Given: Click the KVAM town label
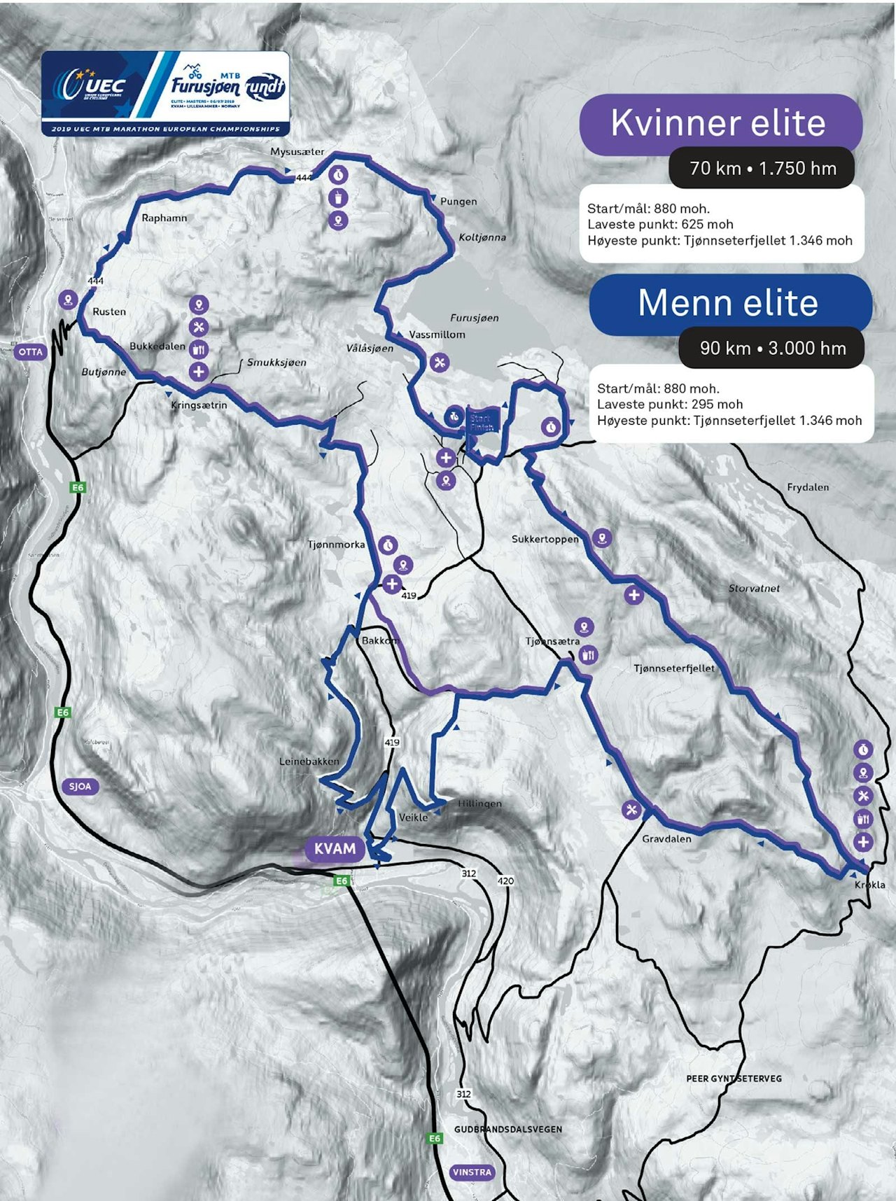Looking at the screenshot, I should click(x=335, y=849).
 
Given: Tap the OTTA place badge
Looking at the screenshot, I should click(x=30, y=351).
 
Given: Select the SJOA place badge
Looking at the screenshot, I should click(x=80, y=786).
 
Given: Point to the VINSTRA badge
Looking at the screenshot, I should click(x=472, y=1172).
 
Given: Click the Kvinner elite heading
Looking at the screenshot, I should click(x=718, y=123).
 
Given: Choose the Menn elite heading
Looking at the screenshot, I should click(x=728, y=303).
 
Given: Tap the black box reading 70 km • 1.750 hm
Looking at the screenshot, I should click(x=763, y=168).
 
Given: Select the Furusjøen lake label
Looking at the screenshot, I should click(x=475, y=318).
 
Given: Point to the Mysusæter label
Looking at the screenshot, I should click(x=297, y=151).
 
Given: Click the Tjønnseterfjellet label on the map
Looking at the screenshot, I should click(x=674, y=668).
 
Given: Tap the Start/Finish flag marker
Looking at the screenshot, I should click(x=482, y=421).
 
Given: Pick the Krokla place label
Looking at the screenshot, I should click(x=869, y=885).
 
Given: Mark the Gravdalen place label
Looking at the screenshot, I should click(x=666, y=838).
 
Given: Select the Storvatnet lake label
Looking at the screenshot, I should click(x=754, y=589).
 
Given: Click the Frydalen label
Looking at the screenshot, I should click(x=808, y=487).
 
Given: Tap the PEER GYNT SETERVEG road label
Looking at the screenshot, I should click(x=734, y=1079).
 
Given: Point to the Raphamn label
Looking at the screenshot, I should click(x=164, y=218).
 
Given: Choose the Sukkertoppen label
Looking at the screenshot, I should click(x=545, y=539).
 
